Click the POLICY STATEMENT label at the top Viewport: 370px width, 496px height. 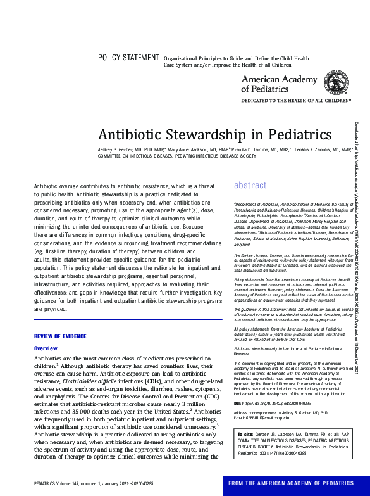[128, 58]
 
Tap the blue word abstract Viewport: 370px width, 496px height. [250, 168]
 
